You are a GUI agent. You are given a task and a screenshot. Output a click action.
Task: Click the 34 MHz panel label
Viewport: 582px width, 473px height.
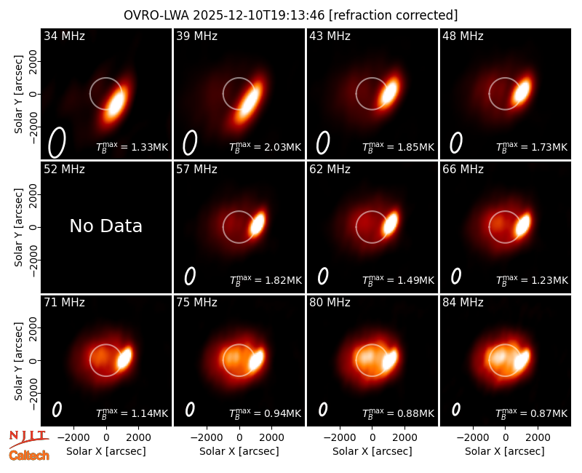pos(64,36)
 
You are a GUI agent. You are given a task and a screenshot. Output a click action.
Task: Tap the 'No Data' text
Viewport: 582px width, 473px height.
pos(105,226)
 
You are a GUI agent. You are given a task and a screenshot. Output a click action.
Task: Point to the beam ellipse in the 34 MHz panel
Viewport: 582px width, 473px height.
pos(57,142)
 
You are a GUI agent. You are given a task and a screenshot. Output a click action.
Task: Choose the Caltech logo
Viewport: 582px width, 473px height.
pos(29,456)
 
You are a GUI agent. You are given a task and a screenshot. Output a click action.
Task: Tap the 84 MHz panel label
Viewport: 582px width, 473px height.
pos(463,303)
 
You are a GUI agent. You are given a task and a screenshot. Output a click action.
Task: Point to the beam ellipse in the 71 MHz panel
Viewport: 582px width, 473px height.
pos(57,410)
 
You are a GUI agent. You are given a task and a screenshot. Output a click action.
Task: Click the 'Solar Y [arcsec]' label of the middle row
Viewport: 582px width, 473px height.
pos(18,227)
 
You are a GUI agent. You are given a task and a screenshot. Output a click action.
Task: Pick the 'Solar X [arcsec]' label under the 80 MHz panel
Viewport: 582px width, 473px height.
pos(372,451)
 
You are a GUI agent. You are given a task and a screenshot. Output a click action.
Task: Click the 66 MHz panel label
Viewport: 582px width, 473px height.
pos(463,170)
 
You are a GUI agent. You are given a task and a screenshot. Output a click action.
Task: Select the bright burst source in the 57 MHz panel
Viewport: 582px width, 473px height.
pos(258,224)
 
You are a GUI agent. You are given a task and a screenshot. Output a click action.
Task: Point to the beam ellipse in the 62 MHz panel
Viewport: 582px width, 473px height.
pos(323,276)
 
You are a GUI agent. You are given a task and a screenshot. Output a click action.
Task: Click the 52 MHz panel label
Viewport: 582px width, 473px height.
pos(64,170)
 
